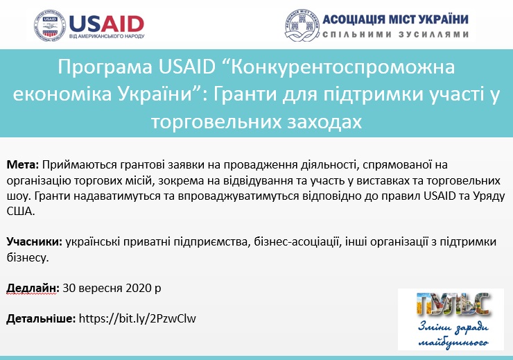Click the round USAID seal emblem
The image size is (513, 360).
pyautogui.click(x=50, y=26)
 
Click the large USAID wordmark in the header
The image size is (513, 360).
pyautogui.click(x=107, y=24)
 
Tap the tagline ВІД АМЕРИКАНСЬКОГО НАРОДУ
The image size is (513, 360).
pyautogui.click(x=107, y=36)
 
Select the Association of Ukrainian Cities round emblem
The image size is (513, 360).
pyautogui.click(x=302, y=26)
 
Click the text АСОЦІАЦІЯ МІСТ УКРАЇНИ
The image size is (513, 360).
pyautogui.click(x=396, y=19)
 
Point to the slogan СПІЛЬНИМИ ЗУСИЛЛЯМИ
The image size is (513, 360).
pyautogui.click(x=396, y=35)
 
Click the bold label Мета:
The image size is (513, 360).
pyautogui.click(x=23, y=164)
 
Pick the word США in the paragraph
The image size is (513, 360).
pyautogui.click(x=21, y=212)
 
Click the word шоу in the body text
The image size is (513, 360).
pyautogui.click(x=18, y=196)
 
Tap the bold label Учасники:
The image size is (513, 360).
pyautogui.click(x=35, y=242)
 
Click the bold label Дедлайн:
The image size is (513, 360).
pyautogui.click(x=33, y=289)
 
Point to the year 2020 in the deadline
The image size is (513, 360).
pyautogui.click(x=139, y=289)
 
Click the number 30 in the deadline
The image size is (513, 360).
pyautogui.click(x=69, y=289)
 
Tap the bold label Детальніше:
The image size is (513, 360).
pyautogui.click(x=41, y=319)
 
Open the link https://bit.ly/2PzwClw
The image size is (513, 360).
pyautogui.click(x=137, y=319)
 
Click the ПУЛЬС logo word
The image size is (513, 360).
pyautogui.click(x=453, y=305)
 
